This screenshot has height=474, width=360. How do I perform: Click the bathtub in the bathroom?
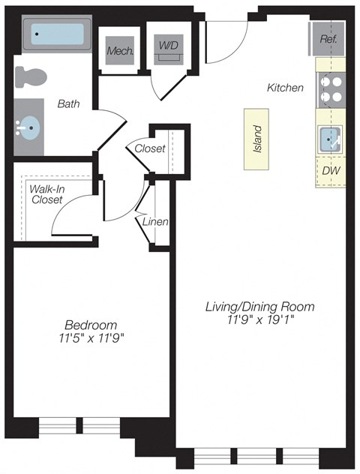(x=58, y=34)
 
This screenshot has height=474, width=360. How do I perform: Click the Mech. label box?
(x=119, y=51)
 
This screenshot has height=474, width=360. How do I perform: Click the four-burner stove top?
(x=331, y=90)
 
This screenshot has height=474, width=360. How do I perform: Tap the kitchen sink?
(x=330, y=139)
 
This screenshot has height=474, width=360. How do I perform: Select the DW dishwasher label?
(x=329, y=171)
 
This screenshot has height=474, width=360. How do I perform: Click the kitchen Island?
(x=256, y=138)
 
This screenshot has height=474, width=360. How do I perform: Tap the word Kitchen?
(x=285, y=88)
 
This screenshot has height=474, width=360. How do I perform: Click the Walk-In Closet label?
(x=47, y=194)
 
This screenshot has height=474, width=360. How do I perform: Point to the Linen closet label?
(x=156, y=222)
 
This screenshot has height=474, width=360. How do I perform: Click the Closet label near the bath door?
(x=150, y=148)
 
